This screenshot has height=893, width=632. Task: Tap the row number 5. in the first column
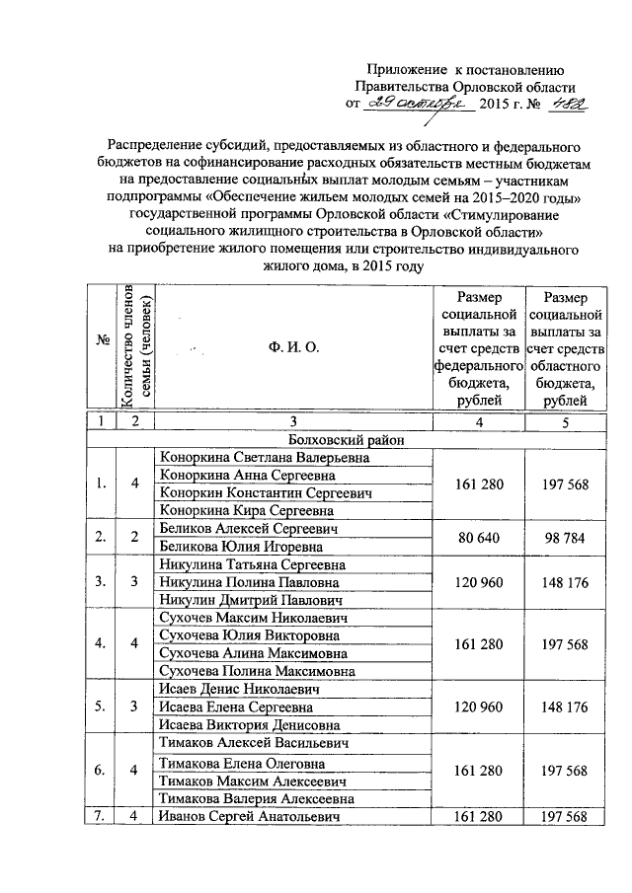pyautogui.click(x=101, y=707)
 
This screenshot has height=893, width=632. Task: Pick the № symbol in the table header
pyautogui.click(x=101, y=341)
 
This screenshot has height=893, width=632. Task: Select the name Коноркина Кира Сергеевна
pyautogui.click(x=246, y=511)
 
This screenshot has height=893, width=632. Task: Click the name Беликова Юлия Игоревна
pyautogui.click(x=241, y=547)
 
